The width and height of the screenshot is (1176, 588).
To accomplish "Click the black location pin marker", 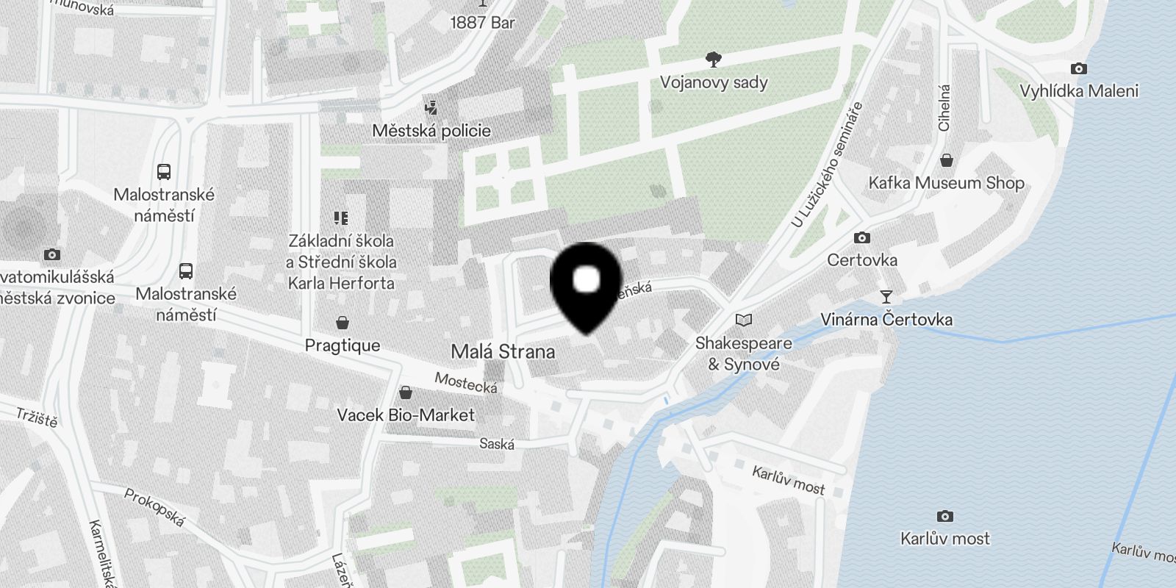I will [585, 286].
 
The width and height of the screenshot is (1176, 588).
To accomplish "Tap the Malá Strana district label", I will [503, 351].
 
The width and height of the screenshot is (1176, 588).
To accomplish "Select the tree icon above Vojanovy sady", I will [712, 60].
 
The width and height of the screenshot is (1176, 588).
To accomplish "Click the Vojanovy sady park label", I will [714, 82].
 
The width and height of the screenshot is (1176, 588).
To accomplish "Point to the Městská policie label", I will [431, 131].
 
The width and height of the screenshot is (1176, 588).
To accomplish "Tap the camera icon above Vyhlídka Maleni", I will [1078, 69].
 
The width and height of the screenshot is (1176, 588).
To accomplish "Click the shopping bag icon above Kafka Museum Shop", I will [947, 160].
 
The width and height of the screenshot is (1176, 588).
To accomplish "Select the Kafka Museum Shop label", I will [946, 183].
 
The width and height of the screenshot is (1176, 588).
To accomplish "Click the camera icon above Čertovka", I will [861, 238].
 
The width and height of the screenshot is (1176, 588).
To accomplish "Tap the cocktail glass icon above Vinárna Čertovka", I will [886, 297].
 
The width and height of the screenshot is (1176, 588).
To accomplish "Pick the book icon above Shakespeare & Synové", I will [744, 320].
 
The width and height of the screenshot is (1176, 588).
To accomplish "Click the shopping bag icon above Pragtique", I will [343, 323].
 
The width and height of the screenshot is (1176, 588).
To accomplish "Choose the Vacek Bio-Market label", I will [406, 415].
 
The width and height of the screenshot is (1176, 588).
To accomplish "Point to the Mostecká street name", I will [466, 382].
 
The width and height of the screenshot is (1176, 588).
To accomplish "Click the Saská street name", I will [497, 444].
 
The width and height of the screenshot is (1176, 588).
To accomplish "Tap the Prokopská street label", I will [154, 508].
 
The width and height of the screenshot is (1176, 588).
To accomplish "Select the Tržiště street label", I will [37, 417].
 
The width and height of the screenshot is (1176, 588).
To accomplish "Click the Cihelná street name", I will [944, 108].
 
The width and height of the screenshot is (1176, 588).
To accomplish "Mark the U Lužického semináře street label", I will [827, 165].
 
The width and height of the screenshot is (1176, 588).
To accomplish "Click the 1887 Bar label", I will [482, 23].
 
